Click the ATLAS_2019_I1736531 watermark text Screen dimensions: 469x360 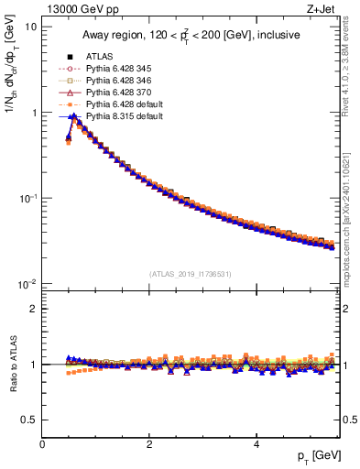191,274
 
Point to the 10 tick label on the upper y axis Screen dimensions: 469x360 30,27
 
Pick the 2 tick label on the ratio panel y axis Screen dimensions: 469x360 33,309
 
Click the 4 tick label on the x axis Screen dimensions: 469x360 256,443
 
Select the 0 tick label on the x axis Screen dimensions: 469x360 42,443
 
